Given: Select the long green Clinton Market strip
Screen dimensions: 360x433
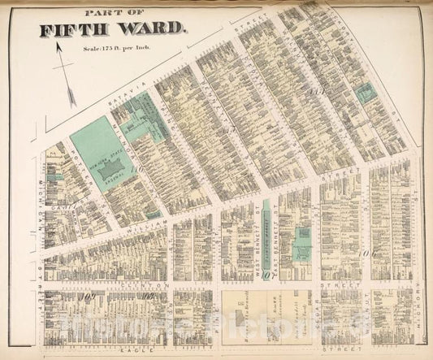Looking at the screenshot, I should point(266,228).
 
